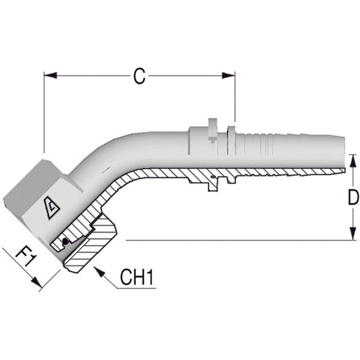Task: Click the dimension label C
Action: [x=139, y=76]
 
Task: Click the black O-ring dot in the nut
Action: [x=65, y=242]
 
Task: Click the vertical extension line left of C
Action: [x=44, y=114]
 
